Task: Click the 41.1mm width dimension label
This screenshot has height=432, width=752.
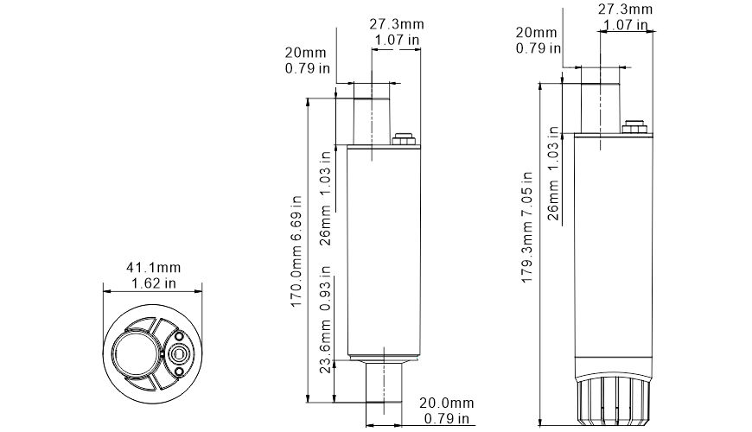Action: coord(153,267)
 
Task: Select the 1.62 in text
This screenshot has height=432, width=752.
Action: coord(153,282)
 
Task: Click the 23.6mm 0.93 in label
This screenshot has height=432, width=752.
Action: coord(326,328)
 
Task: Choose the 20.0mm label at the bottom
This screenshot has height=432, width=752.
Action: coord(446,403)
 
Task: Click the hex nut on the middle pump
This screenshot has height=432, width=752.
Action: coord(403,139)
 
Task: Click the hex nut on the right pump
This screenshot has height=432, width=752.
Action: coord(633,128)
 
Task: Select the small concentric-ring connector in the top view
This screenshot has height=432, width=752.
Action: coord(180,353)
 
